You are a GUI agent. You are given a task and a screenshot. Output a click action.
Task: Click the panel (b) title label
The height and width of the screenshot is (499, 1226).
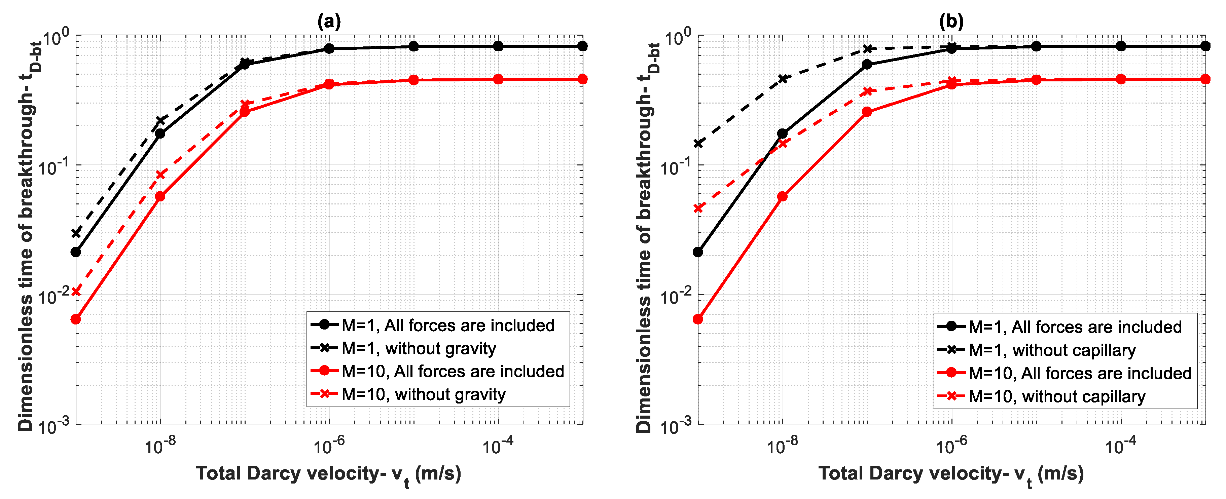pos(951,22)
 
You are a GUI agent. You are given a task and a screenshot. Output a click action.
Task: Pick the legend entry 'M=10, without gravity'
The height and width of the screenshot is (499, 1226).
pos(423,395)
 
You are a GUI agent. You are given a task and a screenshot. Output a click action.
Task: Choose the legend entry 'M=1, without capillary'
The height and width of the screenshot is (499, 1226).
pos(1052,351)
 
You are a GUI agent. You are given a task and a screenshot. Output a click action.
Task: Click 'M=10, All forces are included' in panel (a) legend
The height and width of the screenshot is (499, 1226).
pos(452,372)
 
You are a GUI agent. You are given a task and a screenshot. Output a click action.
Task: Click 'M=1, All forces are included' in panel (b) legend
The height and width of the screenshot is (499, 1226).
pos(1075,327)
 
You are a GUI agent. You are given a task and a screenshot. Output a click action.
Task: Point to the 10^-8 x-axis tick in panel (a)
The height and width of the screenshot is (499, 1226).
pos(160,446)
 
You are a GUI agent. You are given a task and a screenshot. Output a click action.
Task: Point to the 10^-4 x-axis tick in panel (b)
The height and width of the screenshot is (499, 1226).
pos(1120,446)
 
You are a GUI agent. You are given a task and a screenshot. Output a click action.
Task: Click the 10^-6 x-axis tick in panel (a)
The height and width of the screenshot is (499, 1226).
pos(329,446)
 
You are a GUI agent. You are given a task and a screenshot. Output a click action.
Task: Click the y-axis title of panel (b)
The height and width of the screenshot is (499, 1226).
pos(645,238)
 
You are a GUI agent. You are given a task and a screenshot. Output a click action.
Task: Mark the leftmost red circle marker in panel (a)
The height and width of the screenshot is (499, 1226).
pos(76,319)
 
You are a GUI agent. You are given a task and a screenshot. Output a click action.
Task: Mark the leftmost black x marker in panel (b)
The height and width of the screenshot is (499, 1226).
pos(698,143)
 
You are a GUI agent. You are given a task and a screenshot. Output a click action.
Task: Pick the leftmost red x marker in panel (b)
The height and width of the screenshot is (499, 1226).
pos(698,208)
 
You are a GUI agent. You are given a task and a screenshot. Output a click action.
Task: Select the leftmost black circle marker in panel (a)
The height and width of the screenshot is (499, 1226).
pos(76,252)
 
